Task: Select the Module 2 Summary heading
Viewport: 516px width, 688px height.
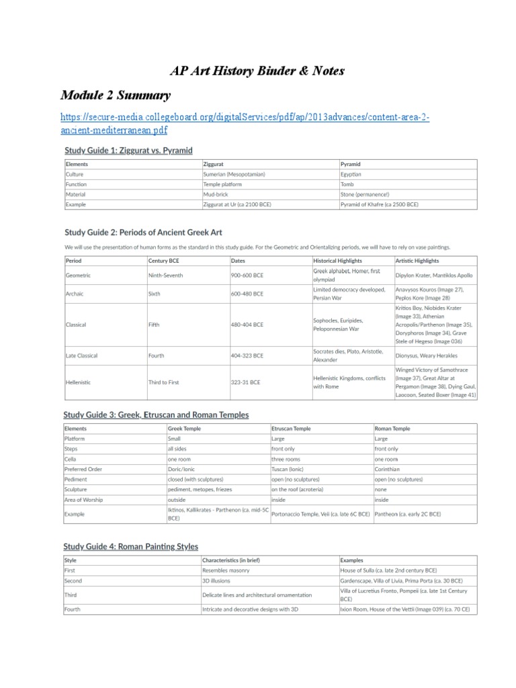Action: point(116,95)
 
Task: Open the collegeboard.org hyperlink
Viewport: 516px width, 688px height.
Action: point(245,123)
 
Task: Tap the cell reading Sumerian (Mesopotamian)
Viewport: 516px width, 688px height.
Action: point(234,174)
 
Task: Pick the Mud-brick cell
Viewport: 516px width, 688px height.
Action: point(216,194)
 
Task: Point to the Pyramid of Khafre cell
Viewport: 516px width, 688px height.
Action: point(379,204)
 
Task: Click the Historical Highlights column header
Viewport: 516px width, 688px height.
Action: point(337,260)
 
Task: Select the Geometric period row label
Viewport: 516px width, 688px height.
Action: point(78,275)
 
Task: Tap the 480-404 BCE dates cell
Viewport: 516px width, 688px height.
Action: point(247,325)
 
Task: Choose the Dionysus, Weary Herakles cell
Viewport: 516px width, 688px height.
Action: point(427,355)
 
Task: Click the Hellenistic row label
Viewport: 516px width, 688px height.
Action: point(79,382)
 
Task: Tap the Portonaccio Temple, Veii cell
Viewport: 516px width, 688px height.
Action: point(320,513)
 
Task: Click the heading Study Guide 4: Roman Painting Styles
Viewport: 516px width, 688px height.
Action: point(131,547)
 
